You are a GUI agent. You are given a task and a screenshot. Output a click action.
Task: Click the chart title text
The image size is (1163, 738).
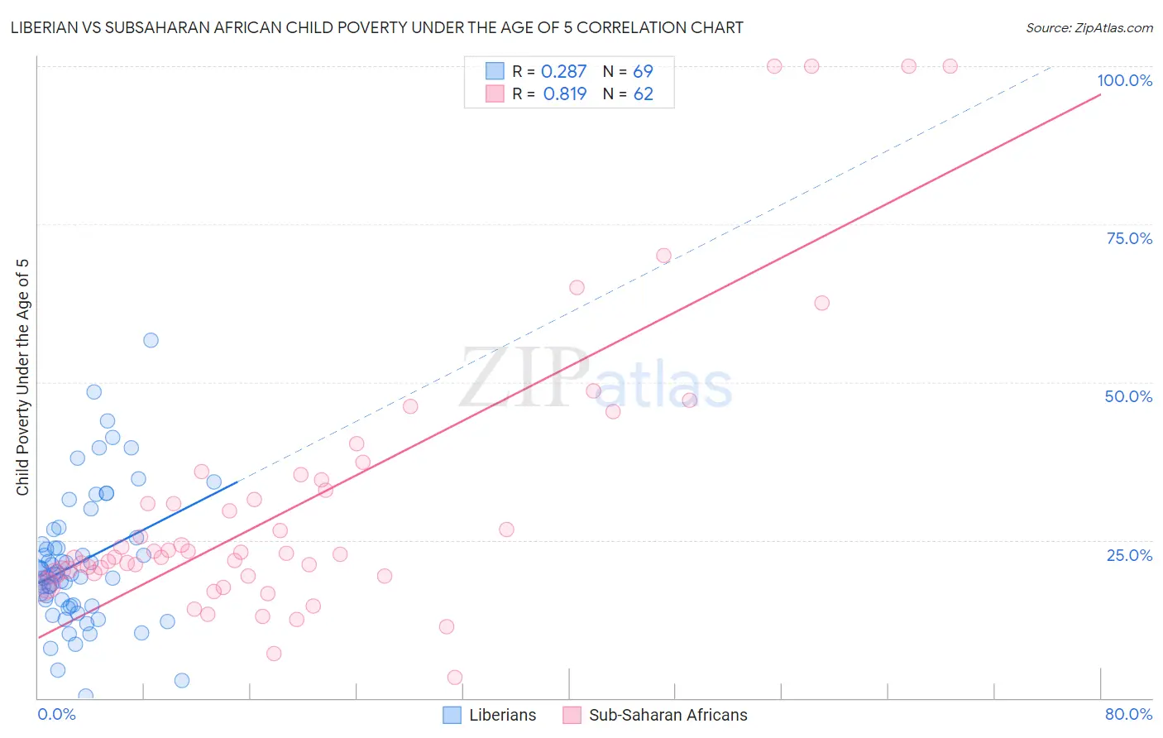pyautogui.click(x=376, y=27)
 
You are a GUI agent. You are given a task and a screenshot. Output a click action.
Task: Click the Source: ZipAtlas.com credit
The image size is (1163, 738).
pyautogui.click(x=1089, y=27)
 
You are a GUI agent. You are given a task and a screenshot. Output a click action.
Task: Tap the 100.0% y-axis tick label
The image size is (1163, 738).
pyautogui.click(x=1124, y=80)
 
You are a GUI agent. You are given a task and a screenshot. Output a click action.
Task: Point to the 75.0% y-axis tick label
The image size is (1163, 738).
pyautogui.click(x=1129, y=238)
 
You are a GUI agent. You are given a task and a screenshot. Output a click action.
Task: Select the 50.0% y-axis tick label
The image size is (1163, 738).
pyautogui.click(x=1128, y=396)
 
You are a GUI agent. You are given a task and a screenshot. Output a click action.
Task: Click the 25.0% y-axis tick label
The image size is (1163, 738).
pyautogui.click(x=1129, y=554)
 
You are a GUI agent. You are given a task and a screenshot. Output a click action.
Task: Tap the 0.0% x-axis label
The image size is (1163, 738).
pyautogui.click(x=56, y=714)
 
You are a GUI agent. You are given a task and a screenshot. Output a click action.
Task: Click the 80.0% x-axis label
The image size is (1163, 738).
pyautogui.click(x=1128, y=714)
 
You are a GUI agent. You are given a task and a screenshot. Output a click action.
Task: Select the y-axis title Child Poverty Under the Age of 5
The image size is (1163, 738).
pyautogui.click(x=23, y=377)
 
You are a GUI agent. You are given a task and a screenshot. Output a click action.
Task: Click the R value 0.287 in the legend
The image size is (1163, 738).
pyautogui.click(x=563, y=72)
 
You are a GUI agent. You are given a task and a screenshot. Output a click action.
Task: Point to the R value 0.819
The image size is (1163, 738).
pyautogui.click(x=565, y=94)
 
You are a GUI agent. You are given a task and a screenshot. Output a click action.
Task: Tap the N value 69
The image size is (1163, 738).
pyautogui.click(x=643, y=72)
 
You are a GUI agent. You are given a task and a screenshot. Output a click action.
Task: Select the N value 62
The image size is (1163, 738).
pyautogui.click(x=643, y=94)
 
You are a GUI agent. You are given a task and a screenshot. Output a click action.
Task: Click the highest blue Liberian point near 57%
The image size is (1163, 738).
pyautogui.click(x=151, y=340)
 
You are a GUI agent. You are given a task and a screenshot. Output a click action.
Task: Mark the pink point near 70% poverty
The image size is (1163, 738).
pyautogui.click(x=663, y=256)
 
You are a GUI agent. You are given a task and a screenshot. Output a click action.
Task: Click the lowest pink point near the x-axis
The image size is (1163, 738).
pyautogui.click(x=454, y=678)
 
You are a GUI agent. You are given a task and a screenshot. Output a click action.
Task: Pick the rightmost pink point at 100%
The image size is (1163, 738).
pyautogui.click(x=950, y=66)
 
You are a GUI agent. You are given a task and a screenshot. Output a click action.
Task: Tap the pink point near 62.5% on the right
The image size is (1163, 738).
pyautogui.click(x=821, y=303)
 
